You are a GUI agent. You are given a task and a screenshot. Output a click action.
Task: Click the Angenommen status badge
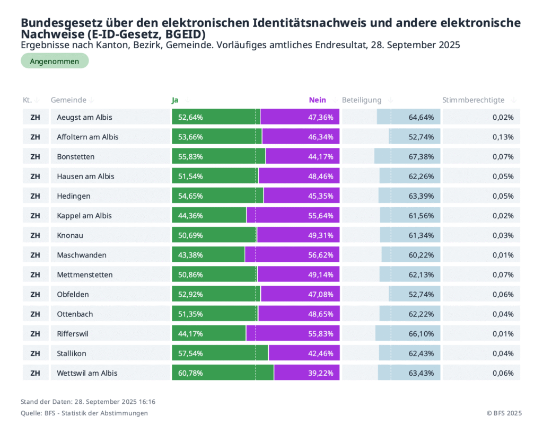[x=55, y=61]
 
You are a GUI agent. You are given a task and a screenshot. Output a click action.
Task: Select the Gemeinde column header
[x=68, y=100]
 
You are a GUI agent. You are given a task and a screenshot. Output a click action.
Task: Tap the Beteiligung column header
[x=362, y=100]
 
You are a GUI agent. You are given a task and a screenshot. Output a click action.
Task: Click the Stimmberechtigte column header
[x=474, y=100]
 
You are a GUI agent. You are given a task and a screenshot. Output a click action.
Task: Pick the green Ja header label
[x=175, y=100]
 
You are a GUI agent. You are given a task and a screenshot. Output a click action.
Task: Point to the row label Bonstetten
[x=76, y=157]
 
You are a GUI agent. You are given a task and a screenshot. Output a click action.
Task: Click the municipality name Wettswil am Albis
[x=87, y=373]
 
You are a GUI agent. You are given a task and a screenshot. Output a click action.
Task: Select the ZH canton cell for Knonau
[x=36, y=235]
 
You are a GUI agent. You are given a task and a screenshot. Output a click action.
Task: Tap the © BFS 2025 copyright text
[x=504, y=413]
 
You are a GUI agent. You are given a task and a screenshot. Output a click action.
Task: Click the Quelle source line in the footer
[x=84, y=413]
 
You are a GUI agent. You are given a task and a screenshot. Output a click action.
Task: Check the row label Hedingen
[x=74, y=196]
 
